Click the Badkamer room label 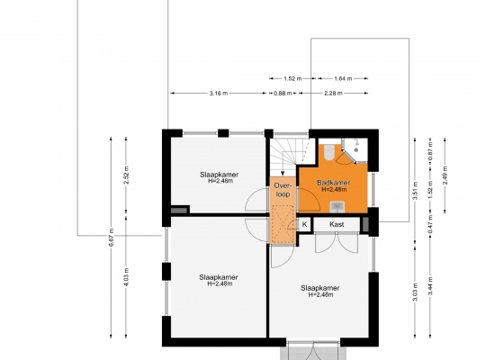click(x=334, y=183)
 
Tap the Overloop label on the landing click(x=283, y=190)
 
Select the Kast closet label click(x=337, y=224)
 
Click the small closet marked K click(x=304, y=224)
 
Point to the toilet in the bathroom click(x=328, y=152)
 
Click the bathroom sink click(x=337, y=207)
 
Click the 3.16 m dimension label click(x=219, y=93)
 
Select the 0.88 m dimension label click(x=283, y=93)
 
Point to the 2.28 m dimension click(x=333, y=93)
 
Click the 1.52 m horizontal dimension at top click(x=292, y=79)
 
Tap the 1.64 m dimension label click(x=343, y=79)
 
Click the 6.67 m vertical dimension click(x=112, y=238)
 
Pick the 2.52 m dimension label click(x=126, y=175)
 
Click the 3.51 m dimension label click(x=415, y=191)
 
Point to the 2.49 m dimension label click(x=445, y=175)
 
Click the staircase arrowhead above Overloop click(x=283, y=174)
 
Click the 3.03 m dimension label click(x=415, y=292)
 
